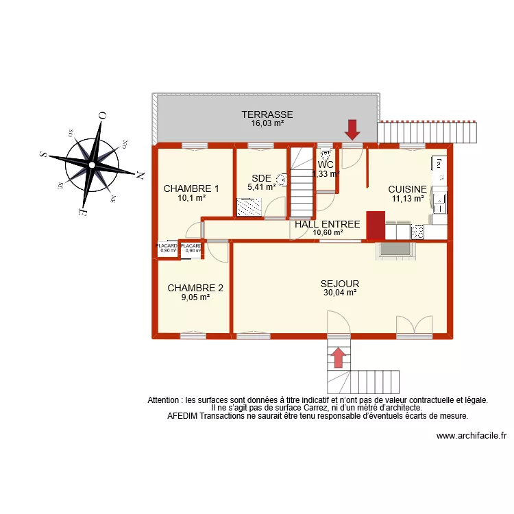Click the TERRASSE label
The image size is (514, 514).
pos(267,114)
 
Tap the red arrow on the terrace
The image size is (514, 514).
pos(352,129)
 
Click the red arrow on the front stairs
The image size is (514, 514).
pos(337,356)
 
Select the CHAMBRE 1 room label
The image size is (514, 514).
pos(191,188)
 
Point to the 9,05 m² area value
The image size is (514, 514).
pos(195,297)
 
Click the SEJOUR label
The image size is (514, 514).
pos(340,283)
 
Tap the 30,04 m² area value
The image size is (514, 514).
pos(340,293)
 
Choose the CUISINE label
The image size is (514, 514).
pos(407,189)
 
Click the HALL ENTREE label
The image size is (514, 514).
pos(327,224)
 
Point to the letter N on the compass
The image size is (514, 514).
pos(140,175)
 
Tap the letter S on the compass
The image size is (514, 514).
pos(44,155)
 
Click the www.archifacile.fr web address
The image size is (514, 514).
pos(472,435)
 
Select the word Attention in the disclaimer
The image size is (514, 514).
pos(164,400)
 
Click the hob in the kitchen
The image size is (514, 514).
pos(417,232)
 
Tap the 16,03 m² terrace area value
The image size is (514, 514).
pos(267,124)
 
